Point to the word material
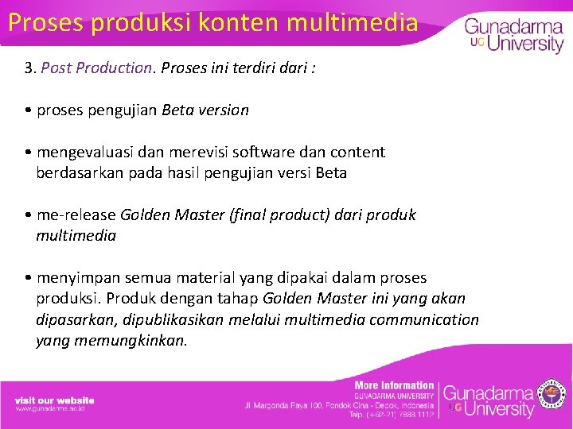click(x=205, y=278)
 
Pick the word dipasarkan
click(x=75, y=320)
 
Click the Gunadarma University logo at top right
click(x=514, y=34)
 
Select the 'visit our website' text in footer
click(x=54, y=400)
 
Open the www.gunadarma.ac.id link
click(x=50, y=408)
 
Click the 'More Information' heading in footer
click(x=394, y=385)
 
